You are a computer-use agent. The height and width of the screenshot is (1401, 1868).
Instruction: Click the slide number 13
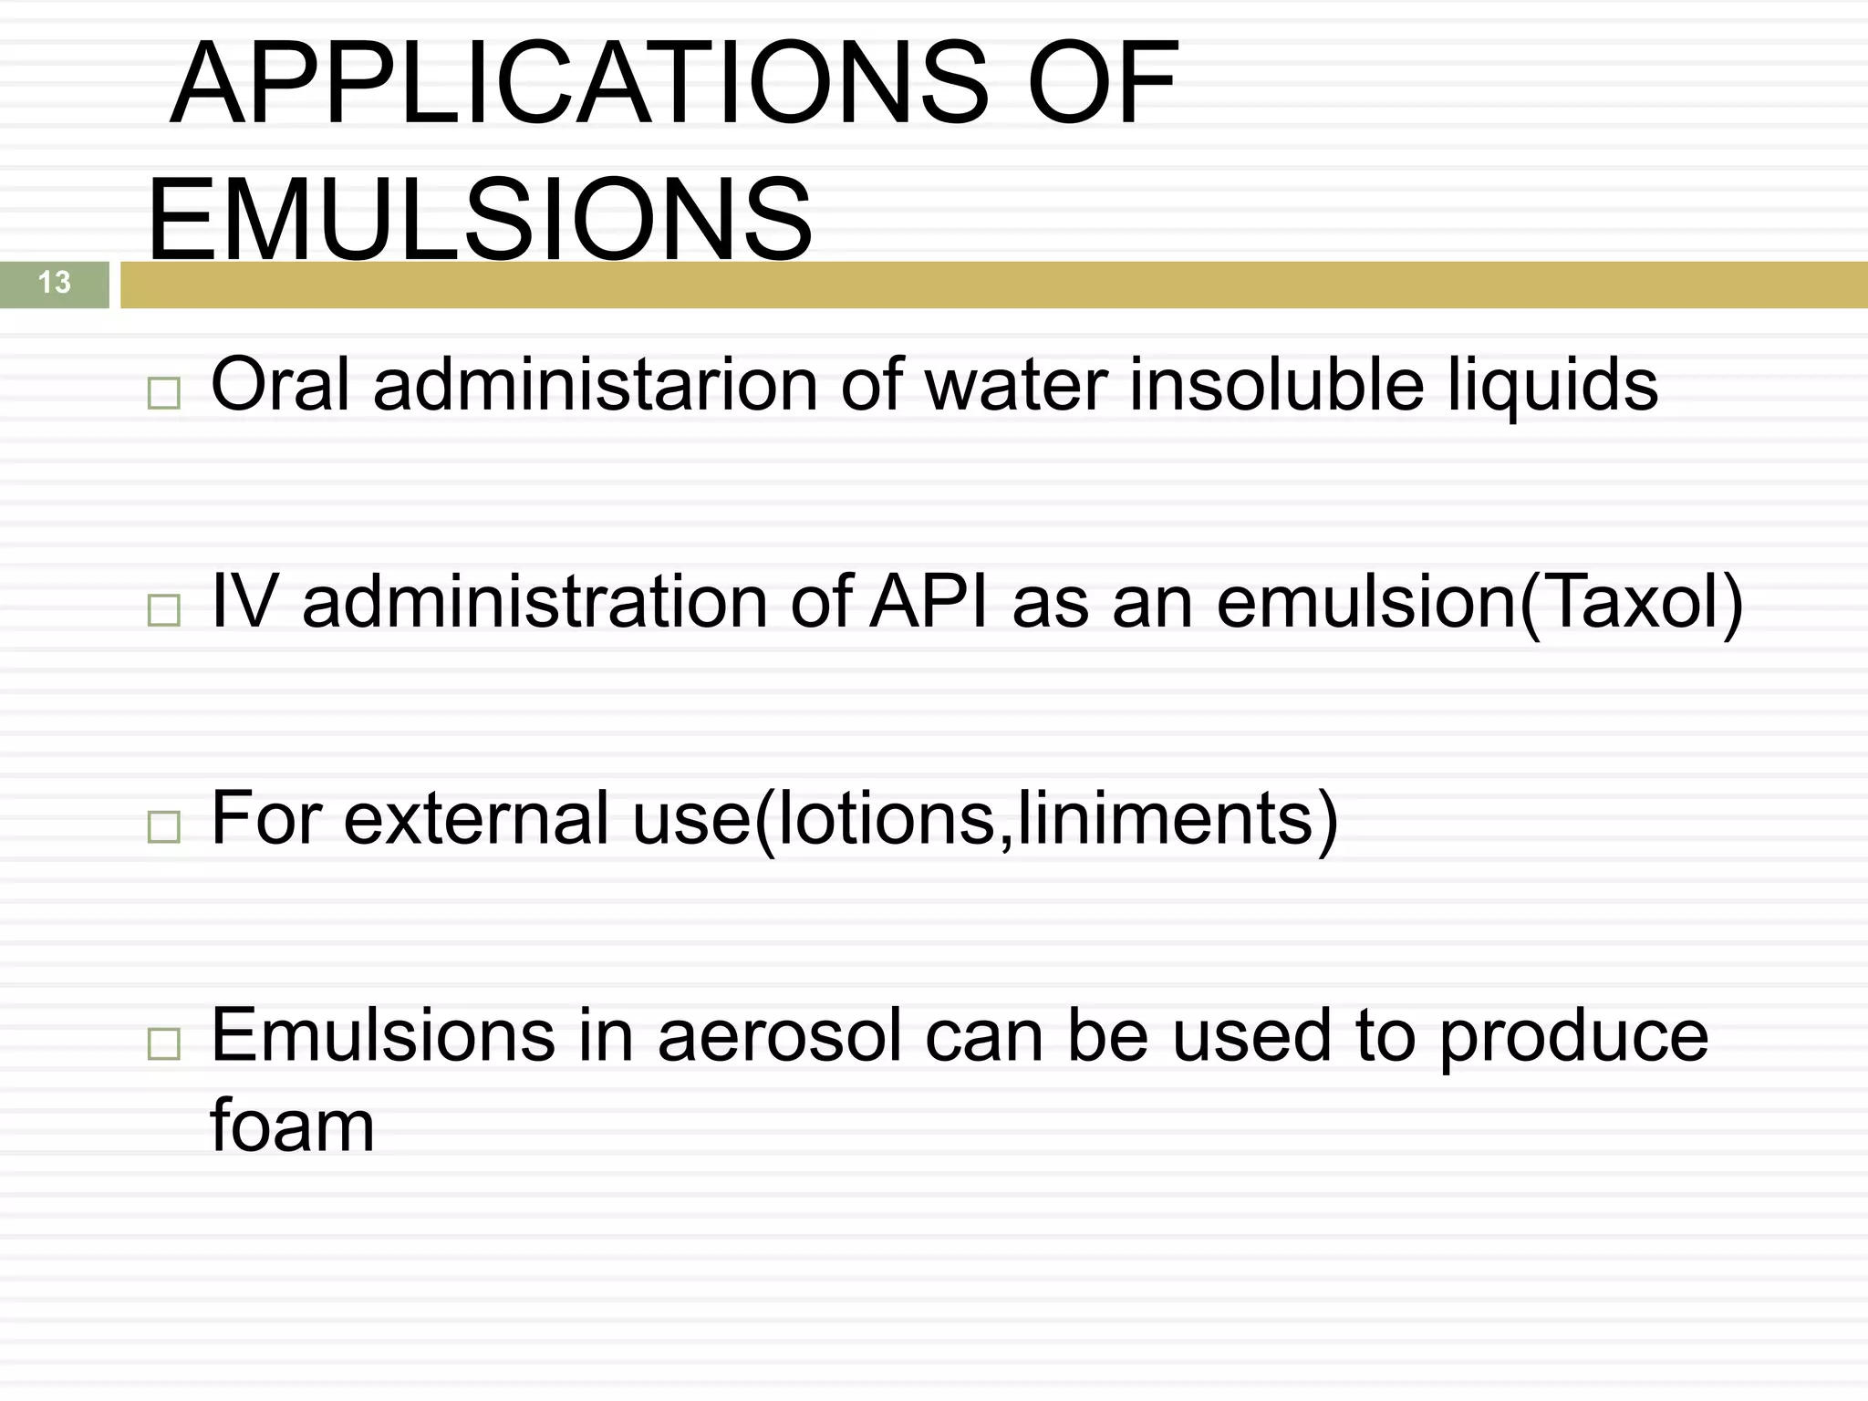pyautogui.click(x=55, y=283)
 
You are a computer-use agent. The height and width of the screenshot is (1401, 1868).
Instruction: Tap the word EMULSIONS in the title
pyautogui.click(x=479, y=221)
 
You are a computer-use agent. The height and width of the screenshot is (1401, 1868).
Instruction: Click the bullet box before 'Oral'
pyautogui.click(x=163, y=393)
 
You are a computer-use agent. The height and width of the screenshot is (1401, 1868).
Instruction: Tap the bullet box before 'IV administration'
pyautogui.click(x=163, y=609)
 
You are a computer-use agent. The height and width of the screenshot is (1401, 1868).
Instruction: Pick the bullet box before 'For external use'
pyautogui.click(x=163, y=826)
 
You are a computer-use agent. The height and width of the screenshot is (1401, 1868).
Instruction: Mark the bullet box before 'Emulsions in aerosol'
pyautogui.click(x=163, y=1043)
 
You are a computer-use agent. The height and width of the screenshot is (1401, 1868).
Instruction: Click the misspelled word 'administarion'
pyautogui.click(x=595, y=385)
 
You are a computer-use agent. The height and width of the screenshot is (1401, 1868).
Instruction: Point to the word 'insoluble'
pyautogui.click(x=1277, y=385)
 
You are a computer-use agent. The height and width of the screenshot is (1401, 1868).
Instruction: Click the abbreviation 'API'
pyautogui.click(x=929, y=602)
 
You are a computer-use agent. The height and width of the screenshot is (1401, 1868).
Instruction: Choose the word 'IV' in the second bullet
pyautogui.click(x=243, y=602)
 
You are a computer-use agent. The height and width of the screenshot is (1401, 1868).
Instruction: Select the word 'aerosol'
pyautogui.click(x=780, y=1036)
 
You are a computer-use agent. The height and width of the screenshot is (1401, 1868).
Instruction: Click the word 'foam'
pyautogui.click(x=292, y=1126)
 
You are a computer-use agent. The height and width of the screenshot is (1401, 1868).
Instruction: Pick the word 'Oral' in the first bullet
pyautogui.click(x=280, y=385)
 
